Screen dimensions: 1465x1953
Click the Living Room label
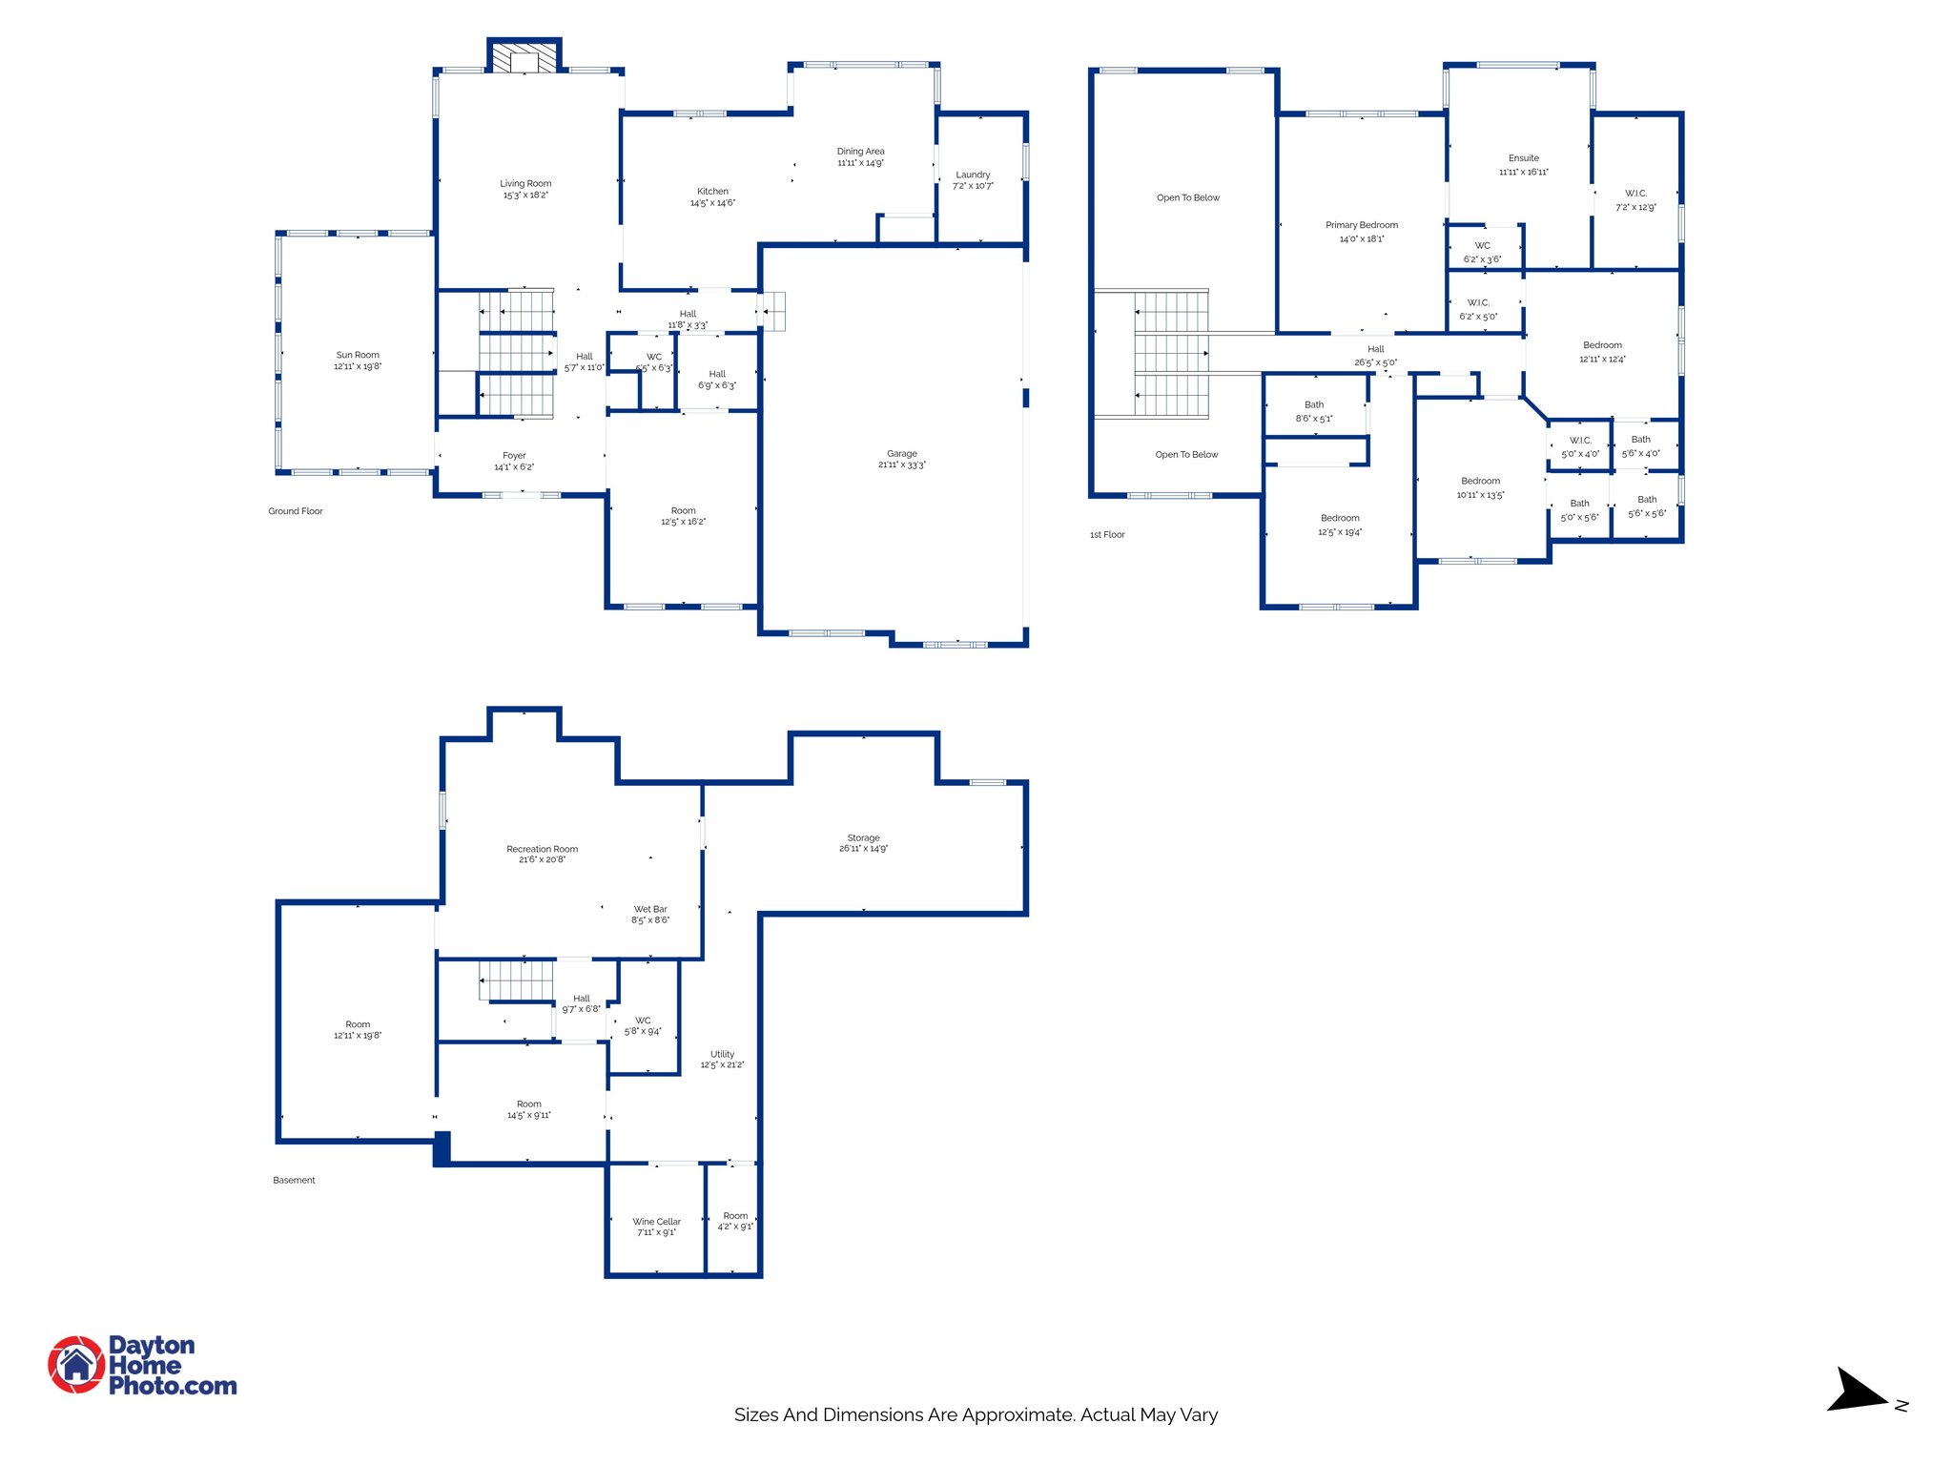(x=525, y=183)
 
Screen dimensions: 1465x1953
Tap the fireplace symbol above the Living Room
(x=524, y=57)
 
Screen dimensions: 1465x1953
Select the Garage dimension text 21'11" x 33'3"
(x=901, y=465)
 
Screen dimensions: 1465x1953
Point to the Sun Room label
(x=358, y=355)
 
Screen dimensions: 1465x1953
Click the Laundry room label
(x=973, y=175)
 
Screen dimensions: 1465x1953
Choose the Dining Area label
(x=860, y=151)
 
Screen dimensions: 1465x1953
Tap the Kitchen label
(x=712, y=191)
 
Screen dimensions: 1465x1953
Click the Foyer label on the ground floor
(x=514, y=456)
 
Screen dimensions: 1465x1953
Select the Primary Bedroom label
(x=1361, y=225)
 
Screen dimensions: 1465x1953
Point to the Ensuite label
(x=1523, y=158)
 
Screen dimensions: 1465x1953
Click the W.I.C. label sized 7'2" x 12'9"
(x=1635, y=194)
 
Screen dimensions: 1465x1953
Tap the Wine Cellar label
(x=656, y=1221)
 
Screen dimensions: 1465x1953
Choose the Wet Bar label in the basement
(x=650, y=909)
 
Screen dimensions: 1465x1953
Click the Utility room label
(x=722, y=1054)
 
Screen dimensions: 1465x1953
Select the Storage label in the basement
(x=863, y=837)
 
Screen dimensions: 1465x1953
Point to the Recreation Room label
(x=542, y=849)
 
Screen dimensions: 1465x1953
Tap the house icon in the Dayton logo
(x=76, y=1365)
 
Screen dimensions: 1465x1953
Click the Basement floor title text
(x=294, y=1181)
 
